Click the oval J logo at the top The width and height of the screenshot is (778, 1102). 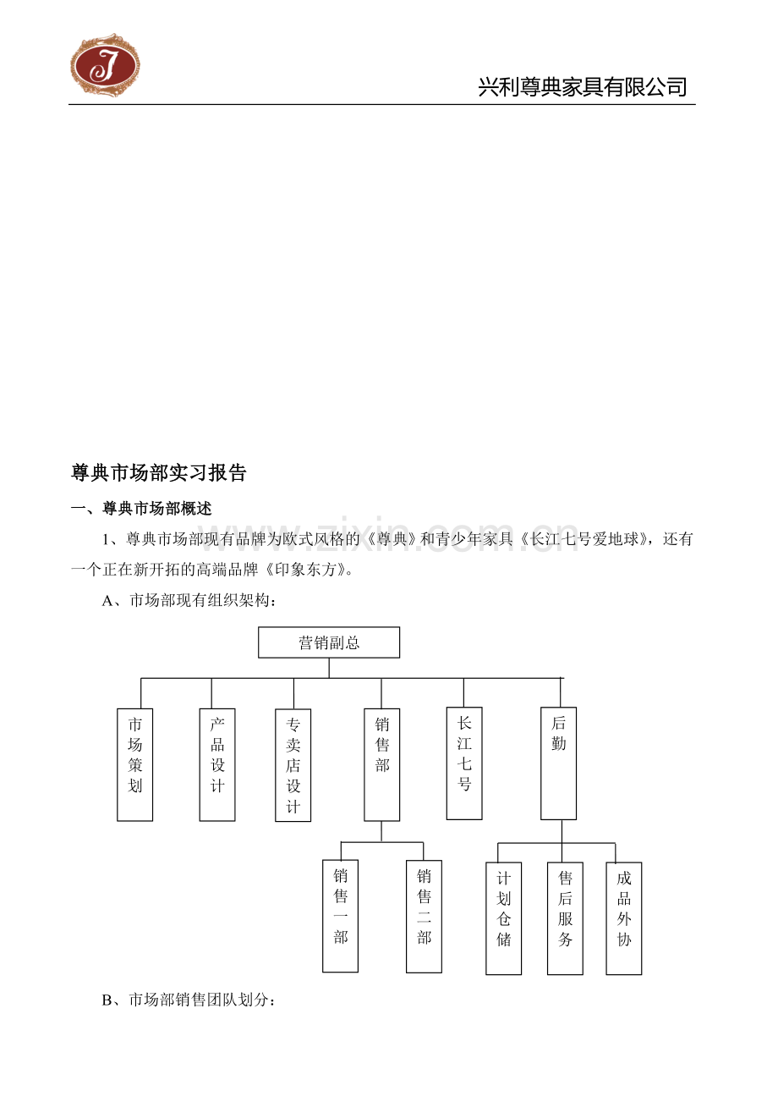(x=105, y=65)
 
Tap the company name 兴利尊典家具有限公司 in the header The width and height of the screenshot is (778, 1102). (x=583, y=87)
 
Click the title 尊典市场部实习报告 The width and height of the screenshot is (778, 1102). (x=159, y=473)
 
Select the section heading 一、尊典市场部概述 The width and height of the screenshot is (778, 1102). (x=141, y=508)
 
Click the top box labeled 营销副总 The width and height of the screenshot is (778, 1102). (x=329, y=642)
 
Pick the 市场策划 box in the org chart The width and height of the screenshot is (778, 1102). (x=134, y=765)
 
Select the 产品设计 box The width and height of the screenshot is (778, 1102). (x=217, y=765)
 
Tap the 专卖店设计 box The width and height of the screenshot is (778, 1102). (x=293, y=765)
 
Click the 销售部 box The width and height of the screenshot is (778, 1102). (x=382, y=765)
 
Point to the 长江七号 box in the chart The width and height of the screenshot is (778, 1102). (x=464, y=763)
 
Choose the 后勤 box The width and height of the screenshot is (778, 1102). (x=558, y=763)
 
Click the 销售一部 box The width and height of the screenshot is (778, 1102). (x=340, y=916)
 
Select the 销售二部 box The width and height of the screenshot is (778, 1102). (x=425, y=917)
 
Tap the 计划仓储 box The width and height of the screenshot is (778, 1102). (x=504, y=918)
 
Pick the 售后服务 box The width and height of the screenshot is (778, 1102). (x=565, y=918)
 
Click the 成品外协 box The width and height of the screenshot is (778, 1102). (x=624, y=918)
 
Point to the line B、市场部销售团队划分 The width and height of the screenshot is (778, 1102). (x=189, y=1000)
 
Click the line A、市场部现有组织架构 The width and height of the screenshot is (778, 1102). (x=189, y=600)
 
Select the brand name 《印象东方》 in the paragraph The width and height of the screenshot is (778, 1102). (x=304, y=570)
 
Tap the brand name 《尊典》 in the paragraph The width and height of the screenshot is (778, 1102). (x=392, y=539)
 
